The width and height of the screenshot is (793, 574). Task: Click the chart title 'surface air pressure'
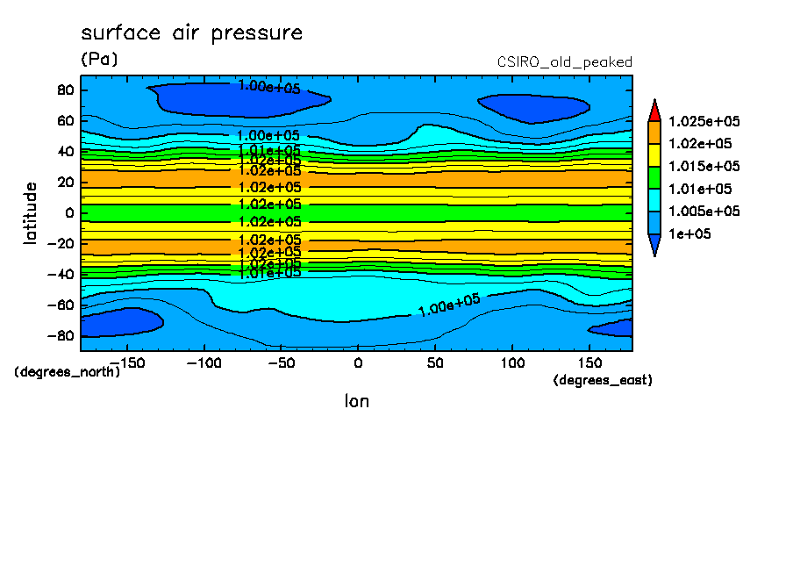pos(191,33)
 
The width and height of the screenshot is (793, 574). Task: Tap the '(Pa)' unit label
pos(98,60)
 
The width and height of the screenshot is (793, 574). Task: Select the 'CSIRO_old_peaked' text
pos(564,62)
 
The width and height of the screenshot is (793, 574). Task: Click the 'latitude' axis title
pos(31,212)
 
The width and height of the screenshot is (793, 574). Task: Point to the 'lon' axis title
pos(356,401)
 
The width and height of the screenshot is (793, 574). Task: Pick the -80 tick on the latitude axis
pos(61,335)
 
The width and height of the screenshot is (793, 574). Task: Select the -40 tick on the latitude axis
pos(61,274)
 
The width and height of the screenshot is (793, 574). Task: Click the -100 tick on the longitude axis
pos(204,362)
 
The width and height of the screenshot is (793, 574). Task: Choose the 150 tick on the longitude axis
pos(589,362)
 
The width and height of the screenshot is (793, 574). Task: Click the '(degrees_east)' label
pos(603,380)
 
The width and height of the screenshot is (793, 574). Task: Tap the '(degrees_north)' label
pos(68,371)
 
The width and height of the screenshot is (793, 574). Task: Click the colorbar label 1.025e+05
pos(704,121)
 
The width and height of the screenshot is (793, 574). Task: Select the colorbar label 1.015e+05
pos(704,167)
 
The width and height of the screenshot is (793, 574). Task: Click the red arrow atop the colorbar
pos(654,111)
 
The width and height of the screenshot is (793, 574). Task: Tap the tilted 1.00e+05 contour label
pos(449,305)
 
